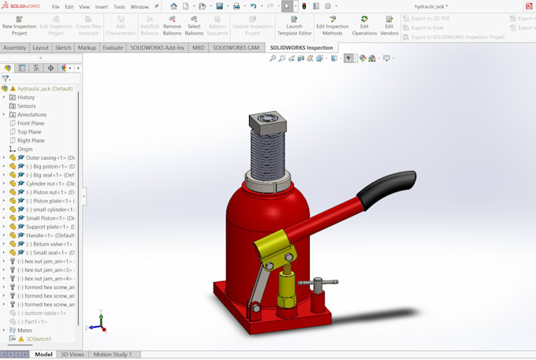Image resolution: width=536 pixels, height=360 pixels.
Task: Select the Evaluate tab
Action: point(113,47)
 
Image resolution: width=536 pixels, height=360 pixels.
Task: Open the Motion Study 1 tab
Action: point(112,354)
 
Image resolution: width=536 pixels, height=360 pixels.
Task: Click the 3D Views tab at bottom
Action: point(73,354)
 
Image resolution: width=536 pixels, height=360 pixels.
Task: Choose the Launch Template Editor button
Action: point(294,25)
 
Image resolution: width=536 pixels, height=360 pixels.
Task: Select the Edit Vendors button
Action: point(389,25)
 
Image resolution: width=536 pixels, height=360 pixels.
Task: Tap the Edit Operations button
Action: point(364,25)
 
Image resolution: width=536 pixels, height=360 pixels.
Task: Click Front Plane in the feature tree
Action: point(31,123)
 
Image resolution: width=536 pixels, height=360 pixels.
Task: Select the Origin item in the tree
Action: point(25,149)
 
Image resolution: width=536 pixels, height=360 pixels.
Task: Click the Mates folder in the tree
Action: point(25,330)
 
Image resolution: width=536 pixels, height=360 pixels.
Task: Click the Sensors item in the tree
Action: point(26,106)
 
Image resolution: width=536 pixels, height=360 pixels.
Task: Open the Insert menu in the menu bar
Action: point(102,6)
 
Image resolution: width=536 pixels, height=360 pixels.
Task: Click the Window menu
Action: point(140,6)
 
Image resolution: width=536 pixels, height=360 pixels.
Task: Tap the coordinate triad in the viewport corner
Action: point(95,322)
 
